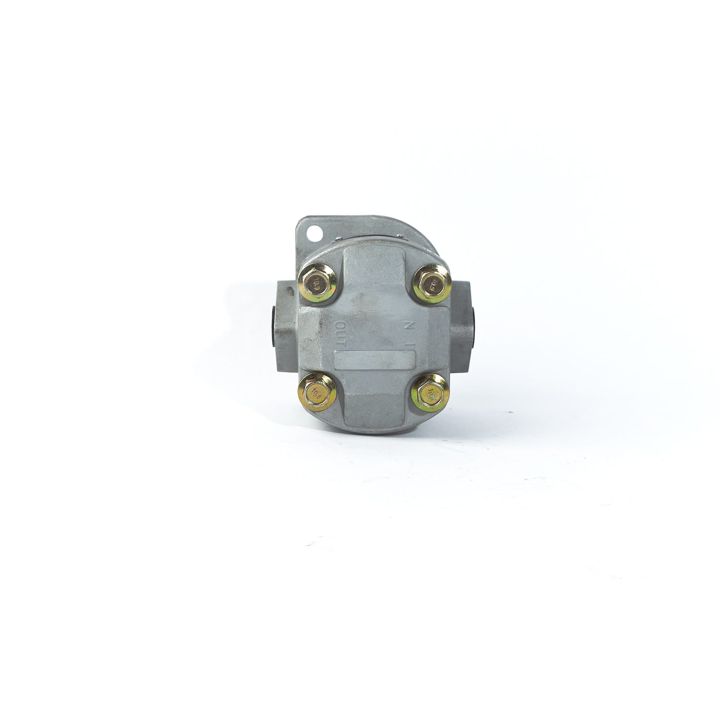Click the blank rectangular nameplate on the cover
tap(374, 358)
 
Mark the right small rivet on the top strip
tap(401, 236)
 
